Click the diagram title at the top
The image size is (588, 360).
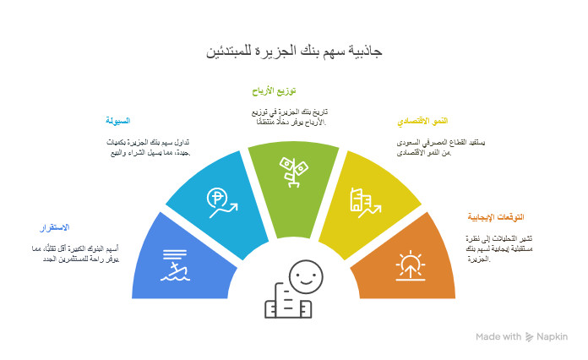pos(294,52)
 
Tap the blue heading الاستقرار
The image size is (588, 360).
pos(55,228)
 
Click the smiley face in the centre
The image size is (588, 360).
pos(305,275)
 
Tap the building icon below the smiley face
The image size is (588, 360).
pos(287,304)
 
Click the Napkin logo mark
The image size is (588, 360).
pos(529,337)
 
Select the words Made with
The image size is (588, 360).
pos(498,337)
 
